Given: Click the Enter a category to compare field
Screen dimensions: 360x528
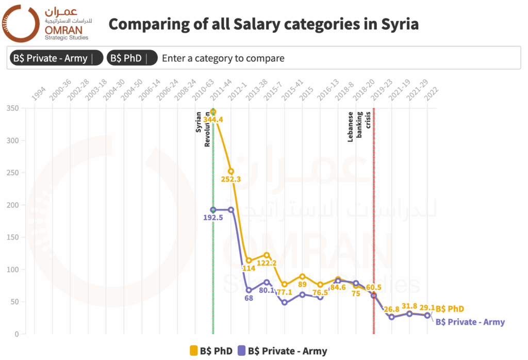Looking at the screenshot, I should (x=223, y=58).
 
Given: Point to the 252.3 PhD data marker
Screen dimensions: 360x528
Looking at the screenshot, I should (x=231, y=171).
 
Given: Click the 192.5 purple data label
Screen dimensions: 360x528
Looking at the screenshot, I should (x=213, y=218).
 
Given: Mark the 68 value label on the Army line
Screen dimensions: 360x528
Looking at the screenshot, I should (x=249, y=298).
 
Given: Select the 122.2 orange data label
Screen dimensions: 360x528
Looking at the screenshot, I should (x=267, y=263).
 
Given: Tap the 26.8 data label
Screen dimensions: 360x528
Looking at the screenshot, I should (x=392, y=309).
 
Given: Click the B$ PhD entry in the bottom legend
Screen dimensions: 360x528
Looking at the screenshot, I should (x=211, y=351).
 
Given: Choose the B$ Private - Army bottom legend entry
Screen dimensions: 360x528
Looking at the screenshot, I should (x=282, y=351).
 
